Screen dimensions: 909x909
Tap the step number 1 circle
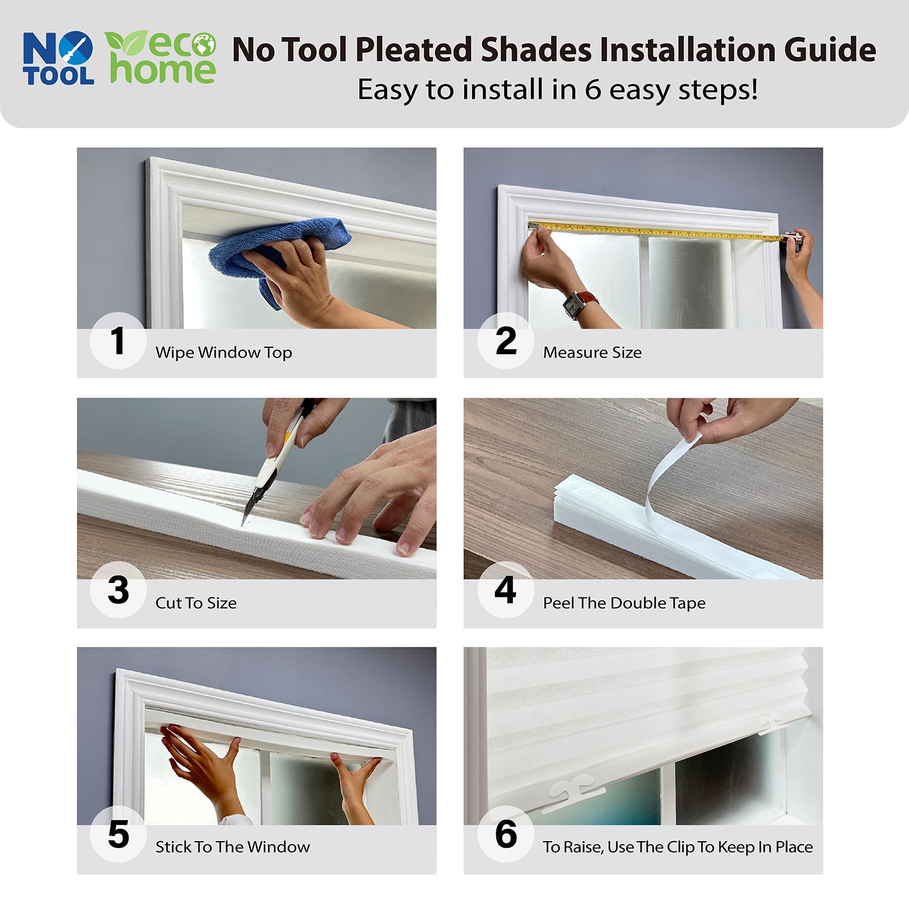pos(118,341)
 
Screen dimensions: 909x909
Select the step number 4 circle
pos(505,590)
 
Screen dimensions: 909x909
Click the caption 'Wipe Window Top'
pos(224,353)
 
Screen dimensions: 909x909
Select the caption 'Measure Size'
pos(592,353)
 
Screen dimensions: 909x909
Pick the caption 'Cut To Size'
pos(196,603)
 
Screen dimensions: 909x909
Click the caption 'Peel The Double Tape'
pos(624,603)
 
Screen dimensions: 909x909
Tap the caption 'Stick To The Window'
pos(233,847)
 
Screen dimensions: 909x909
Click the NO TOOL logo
pos(58,58)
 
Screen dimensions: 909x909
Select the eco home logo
pos(161,58)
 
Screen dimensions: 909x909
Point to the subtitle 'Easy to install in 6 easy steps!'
pos(558,90)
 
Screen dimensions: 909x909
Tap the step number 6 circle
pos(505,834)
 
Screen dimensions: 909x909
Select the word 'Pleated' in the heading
pos(413,50)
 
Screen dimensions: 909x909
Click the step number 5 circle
pos(118,834)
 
